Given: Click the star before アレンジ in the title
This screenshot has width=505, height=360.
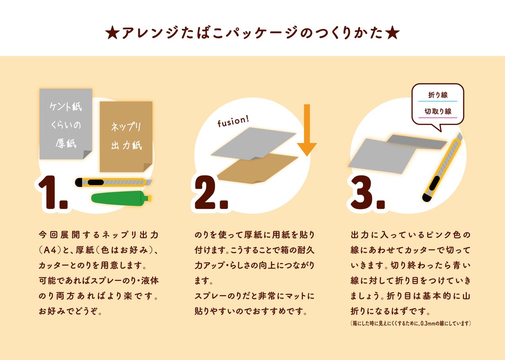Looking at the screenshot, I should tap(113, 34).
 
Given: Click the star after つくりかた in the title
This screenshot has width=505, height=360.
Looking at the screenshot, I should tap(392, 34).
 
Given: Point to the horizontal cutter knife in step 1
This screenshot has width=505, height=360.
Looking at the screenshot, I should tap(113, 182).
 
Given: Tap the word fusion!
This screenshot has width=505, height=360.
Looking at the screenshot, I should tap(233, 122).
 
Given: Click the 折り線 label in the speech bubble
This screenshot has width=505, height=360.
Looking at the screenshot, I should tap(437, 95).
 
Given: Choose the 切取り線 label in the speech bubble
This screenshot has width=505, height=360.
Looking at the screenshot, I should tap(437, 111).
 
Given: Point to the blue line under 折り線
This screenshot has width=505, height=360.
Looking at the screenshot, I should tap(437, 102).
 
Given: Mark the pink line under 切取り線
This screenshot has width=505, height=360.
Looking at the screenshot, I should tap(437, 118).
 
